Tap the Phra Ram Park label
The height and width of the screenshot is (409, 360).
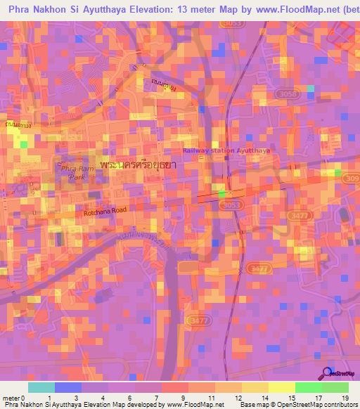[72, 173]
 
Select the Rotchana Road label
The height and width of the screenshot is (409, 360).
[104, 209]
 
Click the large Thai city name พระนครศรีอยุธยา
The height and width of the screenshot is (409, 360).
[139, 163]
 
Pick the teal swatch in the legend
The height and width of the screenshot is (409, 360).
[41, 387]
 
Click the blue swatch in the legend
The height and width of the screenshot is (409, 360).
[67, 387]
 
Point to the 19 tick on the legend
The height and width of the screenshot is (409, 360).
[345, 397]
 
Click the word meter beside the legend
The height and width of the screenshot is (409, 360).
[11, 397]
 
